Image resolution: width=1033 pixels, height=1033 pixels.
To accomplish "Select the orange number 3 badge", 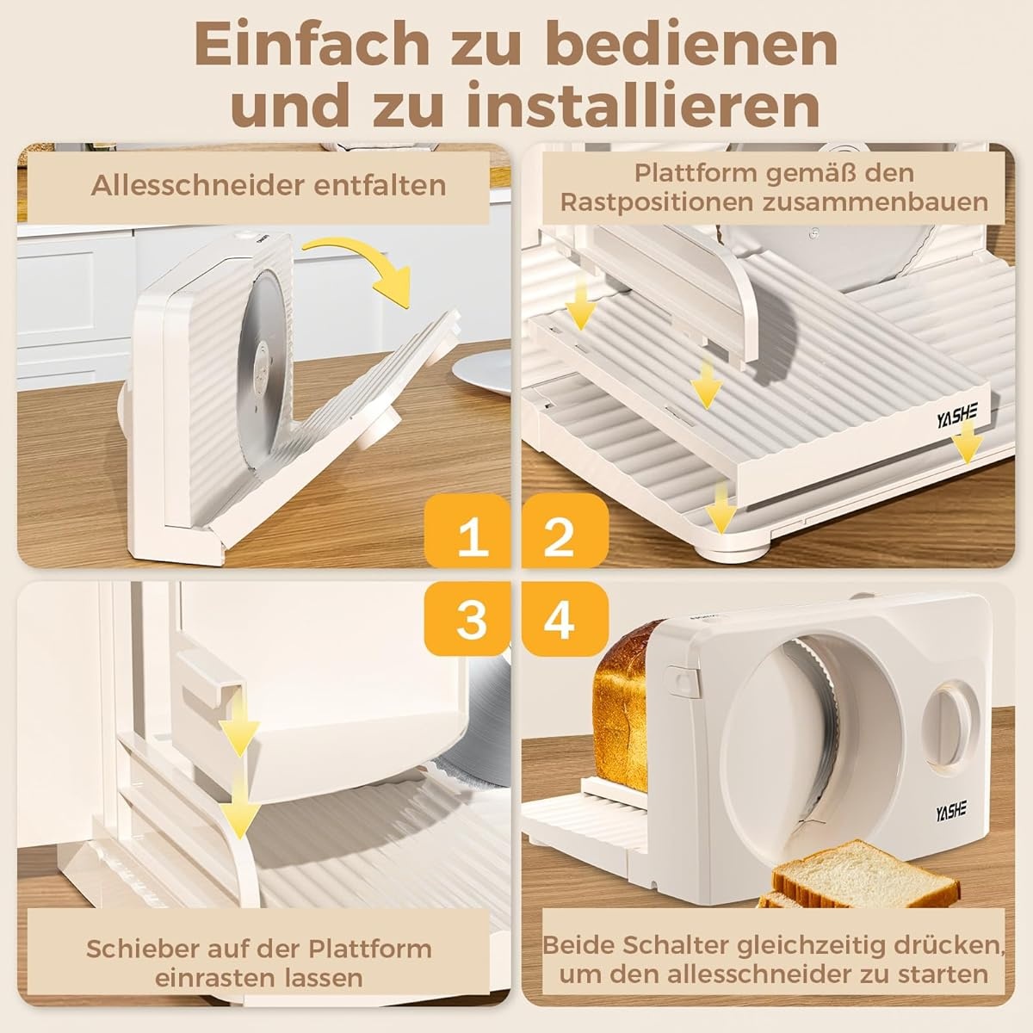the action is pos(467,620).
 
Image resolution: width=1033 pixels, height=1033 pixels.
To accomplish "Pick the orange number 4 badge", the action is pos(565,620).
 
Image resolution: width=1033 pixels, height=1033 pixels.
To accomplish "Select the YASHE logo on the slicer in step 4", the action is pos(951,809).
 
